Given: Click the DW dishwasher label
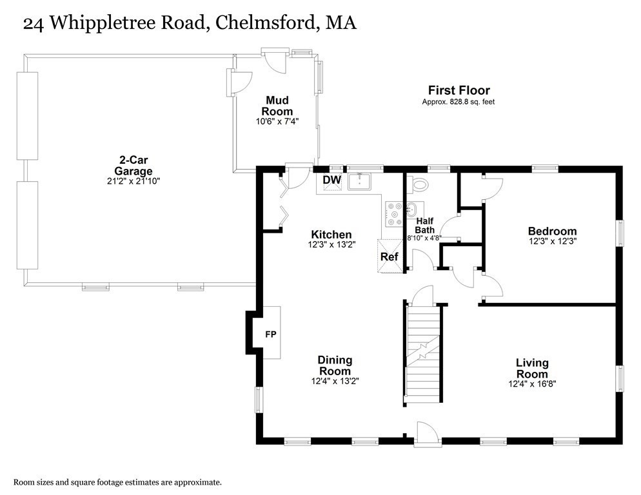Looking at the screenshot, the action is click(332, 180).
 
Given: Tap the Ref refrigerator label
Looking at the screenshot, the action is click(389, 257).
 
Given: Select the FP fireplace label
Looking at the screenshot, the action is click(271, 335).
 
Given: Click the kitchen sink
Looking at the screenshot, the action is click(359, 182).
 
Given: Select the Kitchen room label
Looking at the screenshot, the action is click(331, 234).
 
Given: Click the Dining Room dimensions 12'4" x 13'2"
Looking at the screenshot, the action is click(335, 381).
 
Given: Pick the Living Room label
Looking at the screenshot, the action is click(532, 368).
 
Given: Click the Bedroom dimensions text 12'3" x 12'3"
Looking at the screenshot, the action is click(552, 241).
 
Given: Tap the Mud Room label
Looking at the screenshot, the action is click(277, 106).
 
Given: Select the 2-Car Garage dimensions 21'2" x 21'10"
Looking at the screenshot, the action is click(133, 180).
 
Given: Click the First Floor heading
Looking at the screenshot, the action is click(459, 90).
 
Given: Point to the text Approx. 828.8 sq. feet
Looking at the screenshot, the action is click(459, 102).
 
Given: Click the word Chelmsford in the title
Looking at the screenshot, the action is click(265, 23).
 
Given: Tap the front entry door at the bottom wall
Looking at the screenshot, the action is click(427, 435).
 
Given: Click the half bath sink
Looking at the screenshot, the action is click(410, 209).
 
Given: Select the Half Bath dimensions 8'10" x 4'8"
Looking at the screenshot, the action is click(424, 237).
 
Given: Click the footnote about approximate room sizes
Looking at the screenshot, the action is click(118, 482).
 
